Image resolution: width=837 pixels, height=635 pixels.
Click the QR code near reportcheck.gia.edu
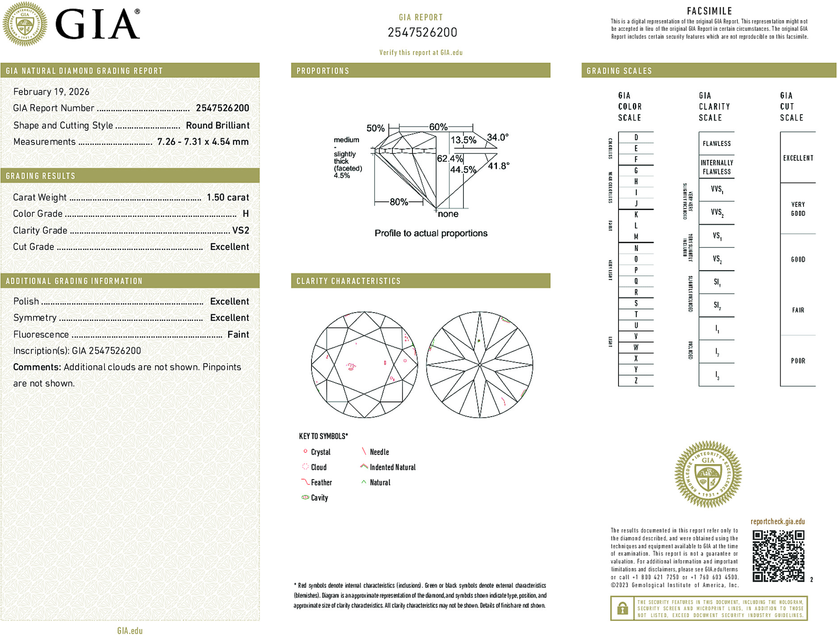click(x=778, y=556)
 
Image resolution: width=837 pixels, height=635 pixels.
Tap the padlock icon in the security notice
click(x=622, y=608)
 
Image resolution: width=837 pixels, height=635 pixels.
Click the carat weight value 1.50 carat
click(x=227, y=197)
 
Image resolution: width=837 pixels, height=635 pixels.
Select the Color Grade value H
click(x=245, y=214)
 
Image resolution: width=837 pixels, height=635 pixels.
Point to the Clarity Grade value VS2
click(x=240, y=230)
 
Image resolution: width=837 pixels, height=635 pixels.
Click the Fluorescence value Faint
click(x=238, y=334)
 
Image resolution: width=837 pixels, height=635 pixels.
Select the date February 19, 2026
click(x=51, y=92)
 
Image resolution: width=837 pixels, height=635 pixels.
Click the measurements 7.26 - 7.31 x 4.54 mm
click(x=203, y=142)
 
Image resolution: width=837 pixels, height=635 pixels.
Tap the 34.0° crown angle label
click(x=497, y=137)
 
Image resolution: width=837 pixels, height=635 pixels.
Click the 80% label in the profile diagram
click(x=399, y=202)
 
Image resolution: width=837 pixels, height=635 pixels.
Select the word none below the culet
click(x=448, y=214)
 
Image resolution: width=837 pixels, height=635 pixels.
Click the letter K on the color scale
click(x=636, y=215)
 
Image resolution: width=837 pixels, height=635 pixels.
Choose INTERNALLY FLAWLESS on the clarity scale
click(x=716, y=167)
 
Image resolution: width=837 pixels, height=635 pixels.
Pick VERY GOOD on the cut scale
click(x=798, y=209)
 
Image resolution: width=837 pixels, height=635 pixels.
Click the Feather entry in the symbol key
click(x=321, y=482)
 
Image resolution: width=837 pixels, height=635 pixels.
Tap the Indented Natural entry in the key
click(x=392, y=467)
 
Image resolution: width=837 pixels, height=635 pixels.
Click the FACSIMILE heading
click(x=709, y=11)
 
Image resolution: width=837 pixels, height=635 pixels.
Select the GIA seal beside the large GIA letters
click(x=25, y=24)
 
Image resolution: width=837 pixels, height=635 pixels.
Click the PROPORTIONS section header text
click(x=323, y=71)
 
